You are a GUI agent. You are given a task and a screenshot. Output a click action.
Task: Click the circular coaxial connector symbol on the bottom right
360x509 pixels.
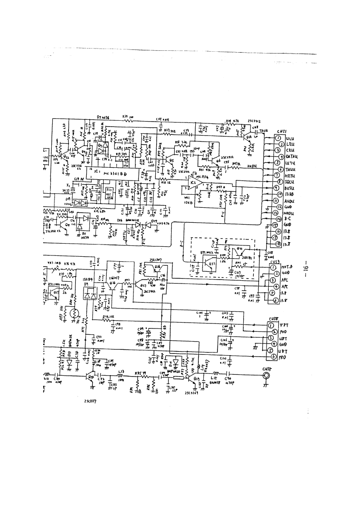[x=266, y=376]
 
